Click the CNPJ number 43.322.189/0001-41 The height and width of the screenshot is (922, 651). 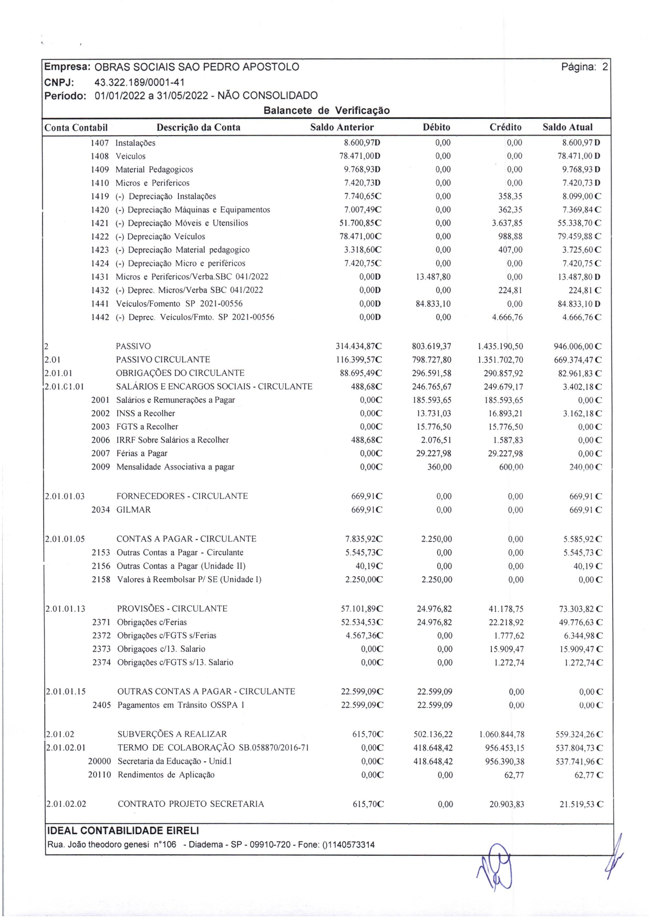click(139, 82)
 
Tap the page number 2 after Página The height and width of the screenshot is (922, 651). click(605, 67)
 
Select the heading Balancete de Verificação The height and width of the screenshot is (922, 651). click(326, 110)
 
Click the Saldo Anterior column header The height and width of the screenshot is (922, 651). click(342, 127)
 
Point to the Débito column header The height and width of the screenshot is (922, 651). click(436, 127)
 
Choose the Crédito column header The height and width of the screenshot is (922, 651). click(505, 127)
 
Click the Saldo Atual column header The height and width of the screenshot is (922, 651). click(567, 127)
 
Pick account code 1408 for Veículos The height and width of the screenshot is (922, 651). click(100, 156)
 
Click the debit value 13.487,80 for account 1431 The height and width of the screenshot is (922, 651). click(433, 277)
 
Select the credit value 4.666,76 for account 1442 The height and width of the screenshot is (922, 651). click(507, 317)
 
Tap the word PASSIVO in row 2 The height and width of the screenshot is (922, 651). click(133, 346)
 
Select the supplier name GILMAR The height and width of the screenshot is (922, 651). click(133, 510)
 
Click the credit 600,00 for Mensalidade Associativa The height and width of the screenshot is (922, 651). click(511, 467)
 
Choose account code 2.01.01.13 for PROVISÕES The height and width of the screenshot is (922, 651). click(65, 609)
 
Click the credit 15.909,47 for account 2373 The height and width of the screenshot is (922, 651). click(507, 649)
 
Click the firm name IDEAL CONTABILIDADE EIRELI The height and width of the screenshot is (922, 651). click(123, 831)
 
